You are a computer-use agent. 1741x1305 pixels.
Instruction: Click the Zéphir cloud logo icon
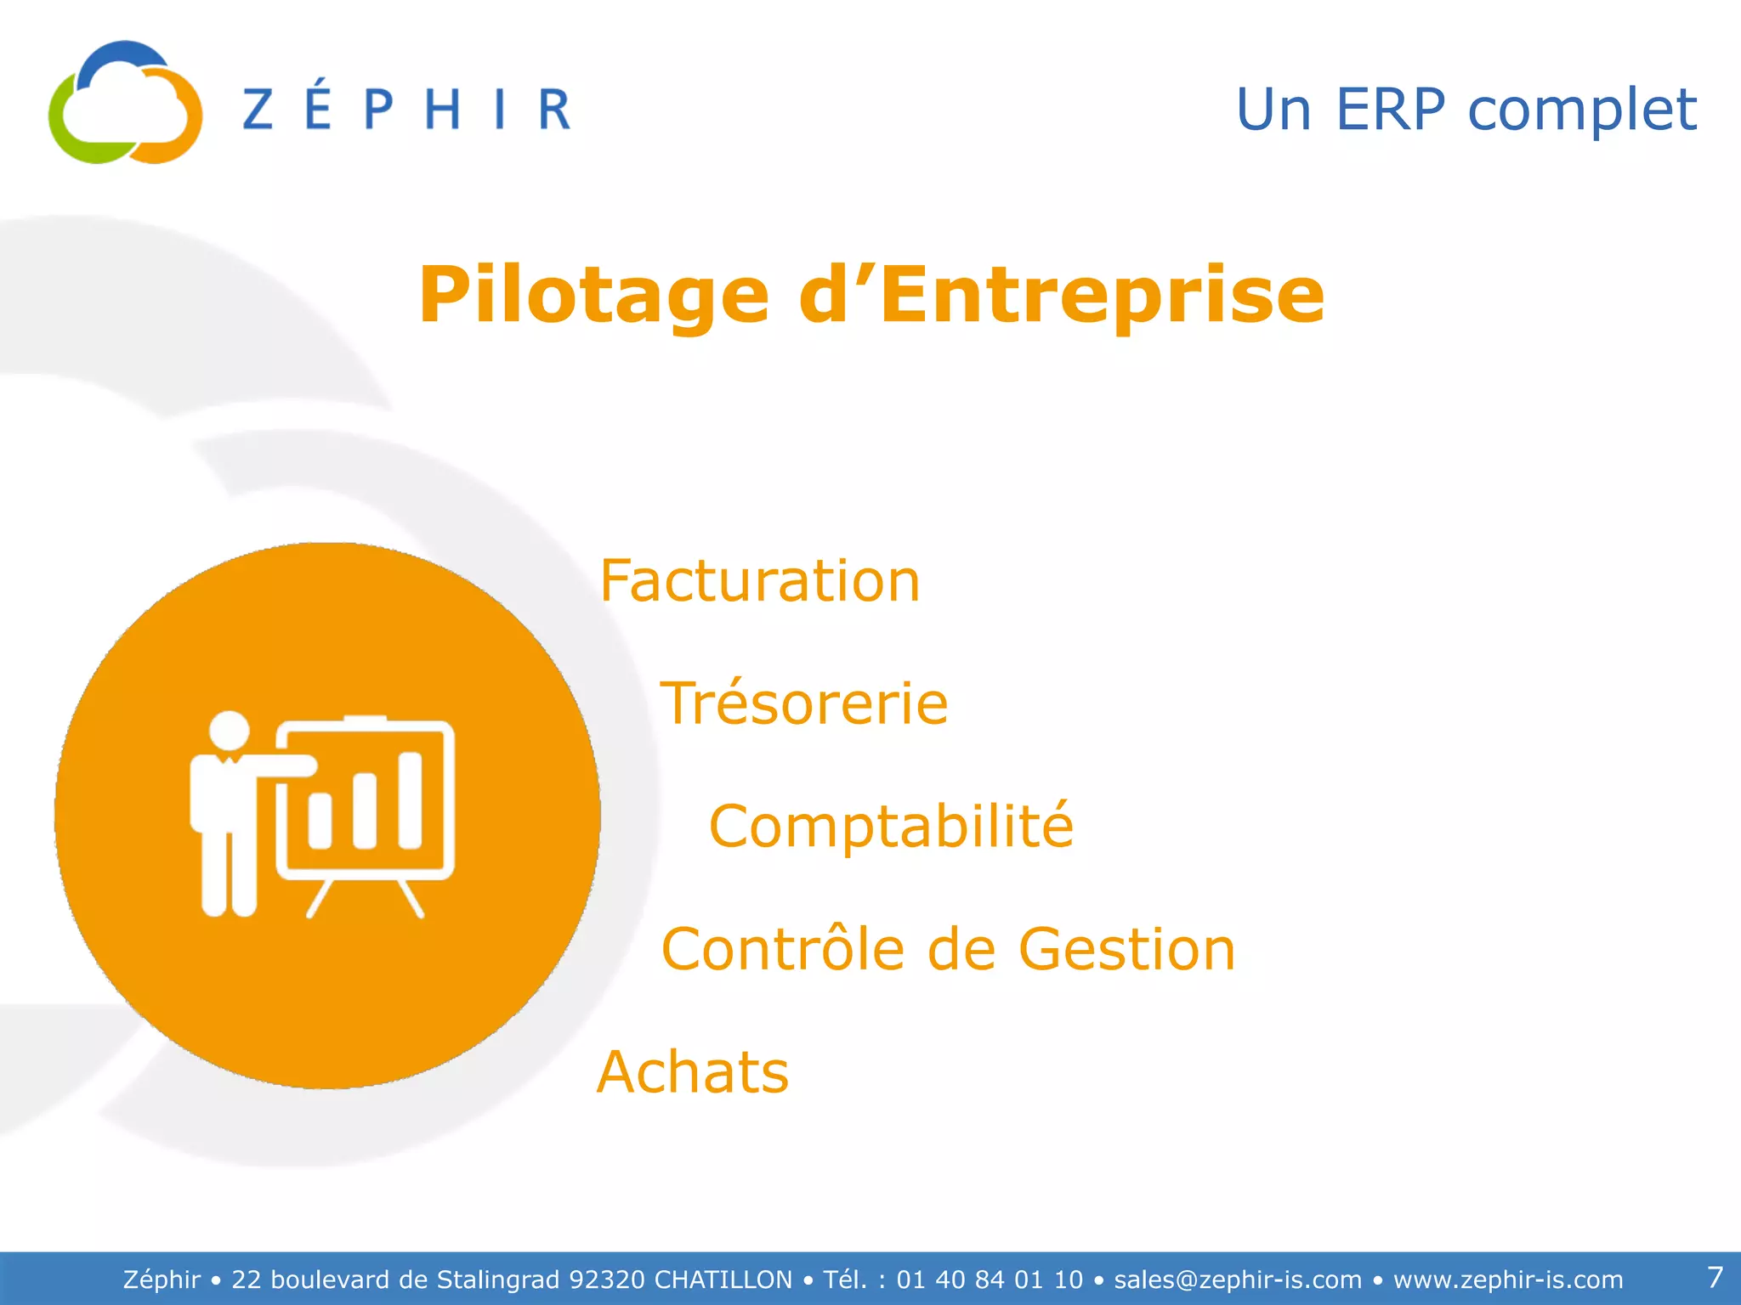tap(125, 103)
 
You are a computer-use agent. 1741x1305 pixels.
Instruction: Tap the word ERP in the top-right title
tap(1390, 110)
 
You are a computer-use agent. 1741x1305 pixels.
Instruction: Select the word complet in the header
tap(1582, 111)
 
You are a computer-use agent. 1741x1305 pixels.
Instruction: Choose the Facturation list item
tap(759, 581)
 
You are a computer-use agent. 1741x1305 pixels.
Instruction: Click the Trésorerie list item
tap(803, 703)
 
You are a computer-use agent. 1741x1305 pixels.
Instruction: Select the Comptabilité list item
tap(891, 826)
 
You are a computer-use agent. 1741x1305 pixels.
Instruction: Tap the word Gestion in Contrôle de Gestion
tap(1126, 949)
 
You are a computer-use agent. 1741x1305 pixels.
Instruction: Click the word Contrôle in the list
tap(782, 949)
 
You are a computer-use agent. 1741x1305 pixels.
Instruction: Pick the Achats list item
tap(693, 1072)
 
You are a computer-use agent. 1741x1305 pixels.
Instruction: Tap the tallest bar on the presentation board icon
tap(411, 799)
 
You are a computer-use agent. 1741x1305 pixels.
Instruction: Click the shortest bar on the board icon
tap(320, 820)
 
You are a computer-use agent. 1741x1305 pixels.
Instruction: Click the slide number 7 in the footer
tap(1715, 1277)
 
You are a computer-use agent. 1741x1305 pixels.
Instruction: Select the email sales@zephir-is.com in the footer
tap(1238, 1280)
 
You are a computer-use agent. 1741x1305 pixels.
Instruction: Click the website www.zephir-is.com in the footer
tap(1508, 1280)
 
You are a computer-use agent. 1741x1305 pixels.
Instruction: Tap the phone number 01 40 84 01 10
tap(990, 1280)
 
